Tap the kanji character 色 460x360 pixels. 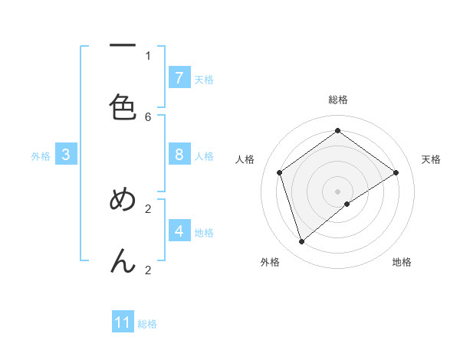point(123,108)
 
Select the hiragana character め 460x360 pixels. point(123,200)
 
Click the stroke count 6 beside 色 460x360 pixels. point(148,116)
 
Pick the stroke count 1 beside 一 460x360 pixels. point(148,55)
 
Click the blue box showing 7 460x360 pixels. point(179,77)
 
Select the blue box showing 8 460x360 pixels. point(179,155)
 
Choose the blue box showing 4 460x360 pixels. point(179,231)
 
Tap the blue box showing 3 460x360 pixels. point(66,155)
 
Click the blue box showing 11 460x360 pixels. point(123,322)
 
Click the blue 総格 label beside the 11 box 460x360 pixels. point(148,324)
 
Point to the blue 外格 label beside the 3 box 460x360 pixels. point(41,156)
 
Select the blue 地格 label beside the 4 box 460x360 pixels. point(204,232)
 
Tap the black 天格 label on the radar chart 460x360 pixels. point(432,159)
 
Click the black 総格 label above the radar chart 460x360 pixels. point(338,100)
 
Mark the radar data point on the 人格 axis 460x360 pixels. point(280,172)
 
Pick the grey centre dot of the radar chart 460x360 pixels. point(338,191)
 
